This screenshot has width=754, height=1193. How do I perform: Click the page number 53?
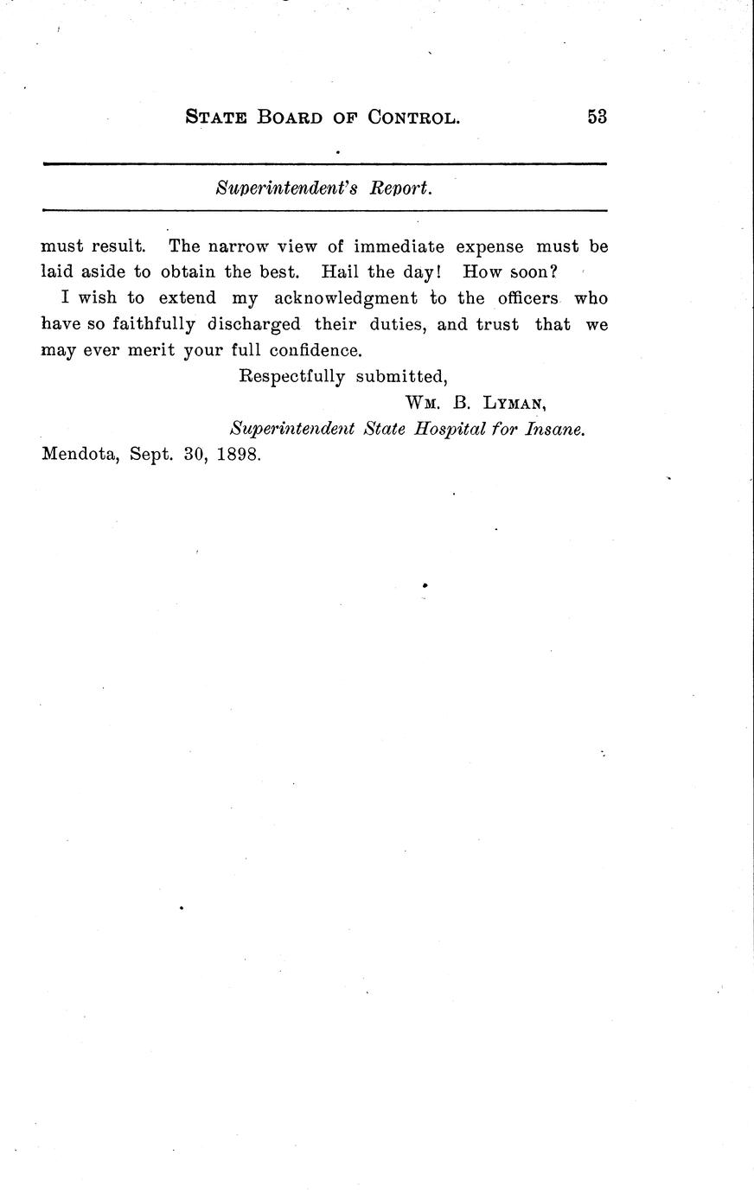click(x=597, y=117)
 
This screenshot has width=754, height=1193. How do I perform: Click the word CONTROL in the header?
click(x=413, y=118)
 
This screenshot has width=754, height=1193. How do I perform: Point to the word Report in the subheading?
click(x=399, y=188)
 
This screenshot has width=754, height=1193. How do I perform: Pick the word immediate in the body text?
click(x=399, y=246)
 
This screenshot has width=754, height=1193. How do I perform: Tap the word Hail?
click(x=340, y=271)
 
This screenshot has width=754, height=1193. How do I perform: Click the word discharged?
click(x=254, y=324)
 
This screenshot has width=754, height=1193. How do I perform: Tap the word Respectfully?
click(x=291, y=377)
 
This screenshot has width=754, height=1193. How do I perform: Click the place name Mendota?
click(x=80, y=456)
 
